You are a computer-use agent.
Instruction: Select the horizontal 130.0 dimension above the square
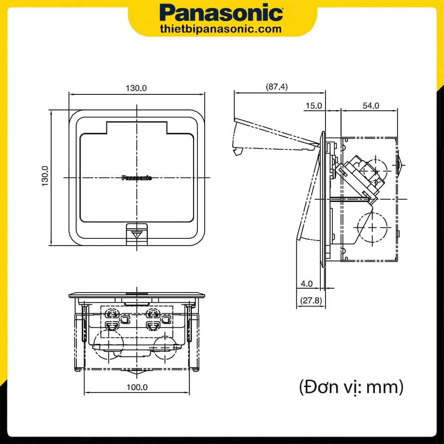(136, 88)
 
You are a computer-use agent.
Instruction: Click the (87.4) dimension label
(277, 87)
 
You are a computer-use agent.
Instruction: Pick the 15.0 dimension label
(313, 106)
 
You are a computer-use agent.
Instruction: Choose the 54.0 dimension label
(371, 106)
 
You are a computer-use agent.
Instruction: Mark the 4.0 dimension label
(307, 284)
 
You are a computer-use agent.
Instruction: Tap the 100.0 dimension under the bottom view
(137, 387)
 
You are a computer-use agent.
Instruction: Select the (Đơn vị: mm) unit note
(351, 387)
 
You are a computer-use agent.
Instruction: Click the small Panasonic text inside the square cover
(137, 178)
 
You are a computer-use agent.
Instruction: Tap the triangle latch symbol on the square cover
(137, 234)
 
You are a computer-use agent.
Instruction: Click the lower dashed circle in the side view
(372, 226)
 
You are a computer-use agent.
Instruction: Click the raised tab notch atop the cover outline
(137, 128)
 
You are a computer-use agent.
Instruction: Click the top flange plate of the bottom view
(137, 295)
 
